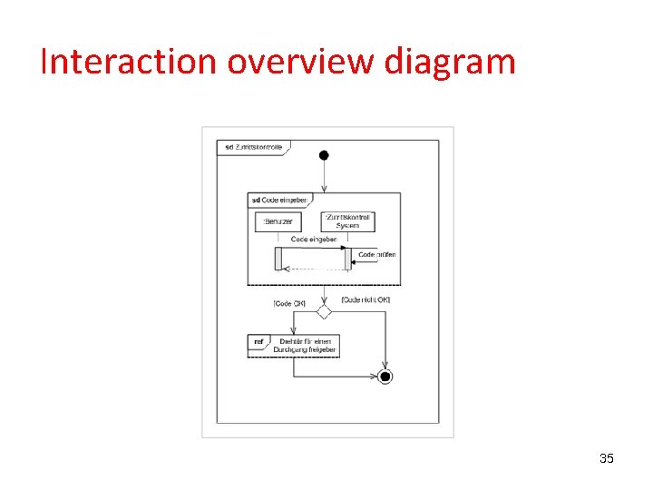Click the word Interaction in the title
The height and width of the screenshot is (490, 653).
tap(129, 62)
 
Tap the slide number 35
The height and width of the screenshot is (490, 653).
tap(607, 458)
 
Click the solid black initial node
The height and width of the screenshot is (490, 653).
tap(324, 155)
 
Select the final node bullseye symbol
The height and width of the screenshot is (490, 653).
tap(385, 376)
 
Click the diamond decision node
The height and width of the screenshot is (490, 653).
tap(324, 311)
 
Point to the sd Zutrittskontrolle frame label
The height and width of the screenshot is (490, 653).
tap(253, 147)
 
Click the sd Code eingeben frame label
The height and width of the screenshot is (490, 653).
tap(278, 200)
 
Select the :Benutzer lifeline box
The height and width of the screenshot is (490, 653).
tap(278, 220)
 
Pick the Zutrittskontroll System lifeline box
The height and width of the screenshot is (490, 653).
tap(347, 220)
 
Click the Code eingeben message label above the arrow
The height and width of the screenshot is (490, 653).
tap(313, 240)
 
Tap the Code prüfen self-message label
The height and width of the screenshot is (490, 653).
tap(376, 255)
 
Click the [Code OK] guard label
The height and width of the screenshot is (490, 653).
tap(289, 303)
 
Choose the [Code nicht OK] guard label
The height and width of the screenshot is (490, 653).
tap(365, 299)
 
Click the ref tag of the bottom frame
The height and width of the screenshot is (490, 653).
tap(258, 342)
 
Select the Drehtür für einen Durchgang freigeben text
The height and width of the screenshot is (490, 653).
tap(304, 346)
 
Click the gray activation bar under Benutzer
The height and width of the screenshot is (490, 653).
tap(278, 259)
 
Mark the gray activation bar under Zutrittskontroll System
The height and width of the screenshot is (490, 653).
tap(347, 259)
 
